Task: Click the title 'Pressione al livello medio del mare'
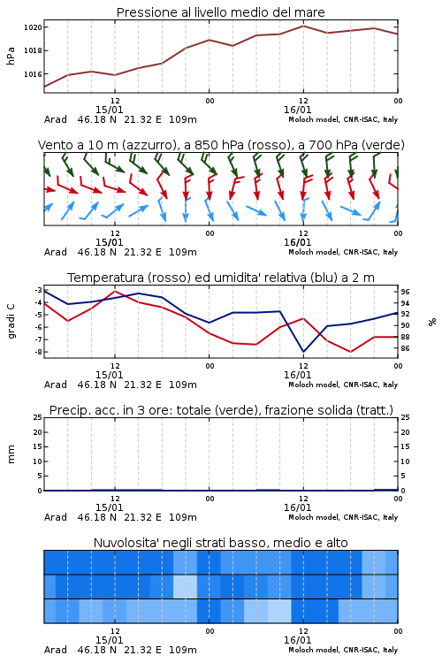(x=220, y=12)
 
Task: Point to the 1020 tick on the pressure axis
(x=33, y=27)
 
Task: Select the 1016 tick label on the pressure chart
(x=33, y=74)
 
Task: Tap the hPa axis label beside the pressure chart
(x=11, y=56)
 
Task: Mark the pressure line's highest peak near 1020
(x=303, y=26)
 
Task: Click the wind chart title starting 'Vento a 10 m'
(x=221, y=145)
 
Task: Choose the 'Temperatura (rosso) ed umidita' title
(x=221, y=278)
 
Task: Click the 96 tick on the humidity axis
(x=405, y=292)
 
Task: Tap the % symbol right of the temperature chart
(x=432, y=322)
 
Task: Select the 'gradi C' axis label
(x=11, y=322)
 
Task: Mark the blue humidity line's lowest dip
(x=303, y=351)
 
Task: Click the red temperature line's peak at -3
(x=115, y=292)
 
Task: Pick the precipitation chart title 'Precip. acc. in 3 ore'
(x=221, y=410)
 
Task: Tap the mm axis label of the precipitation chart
(x=11, y=454)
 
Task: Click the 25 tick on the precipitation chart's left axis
(x=37, y=417)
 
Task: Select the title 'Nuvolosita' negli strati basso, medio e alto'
(x=220, y=543)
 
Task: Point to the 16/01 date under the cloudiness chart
(x=297, y=640)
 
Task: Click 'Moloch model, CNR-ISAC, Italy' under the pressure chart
(x=343, y=119)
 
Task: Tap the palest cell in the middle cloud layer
(x=186, y=586)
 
